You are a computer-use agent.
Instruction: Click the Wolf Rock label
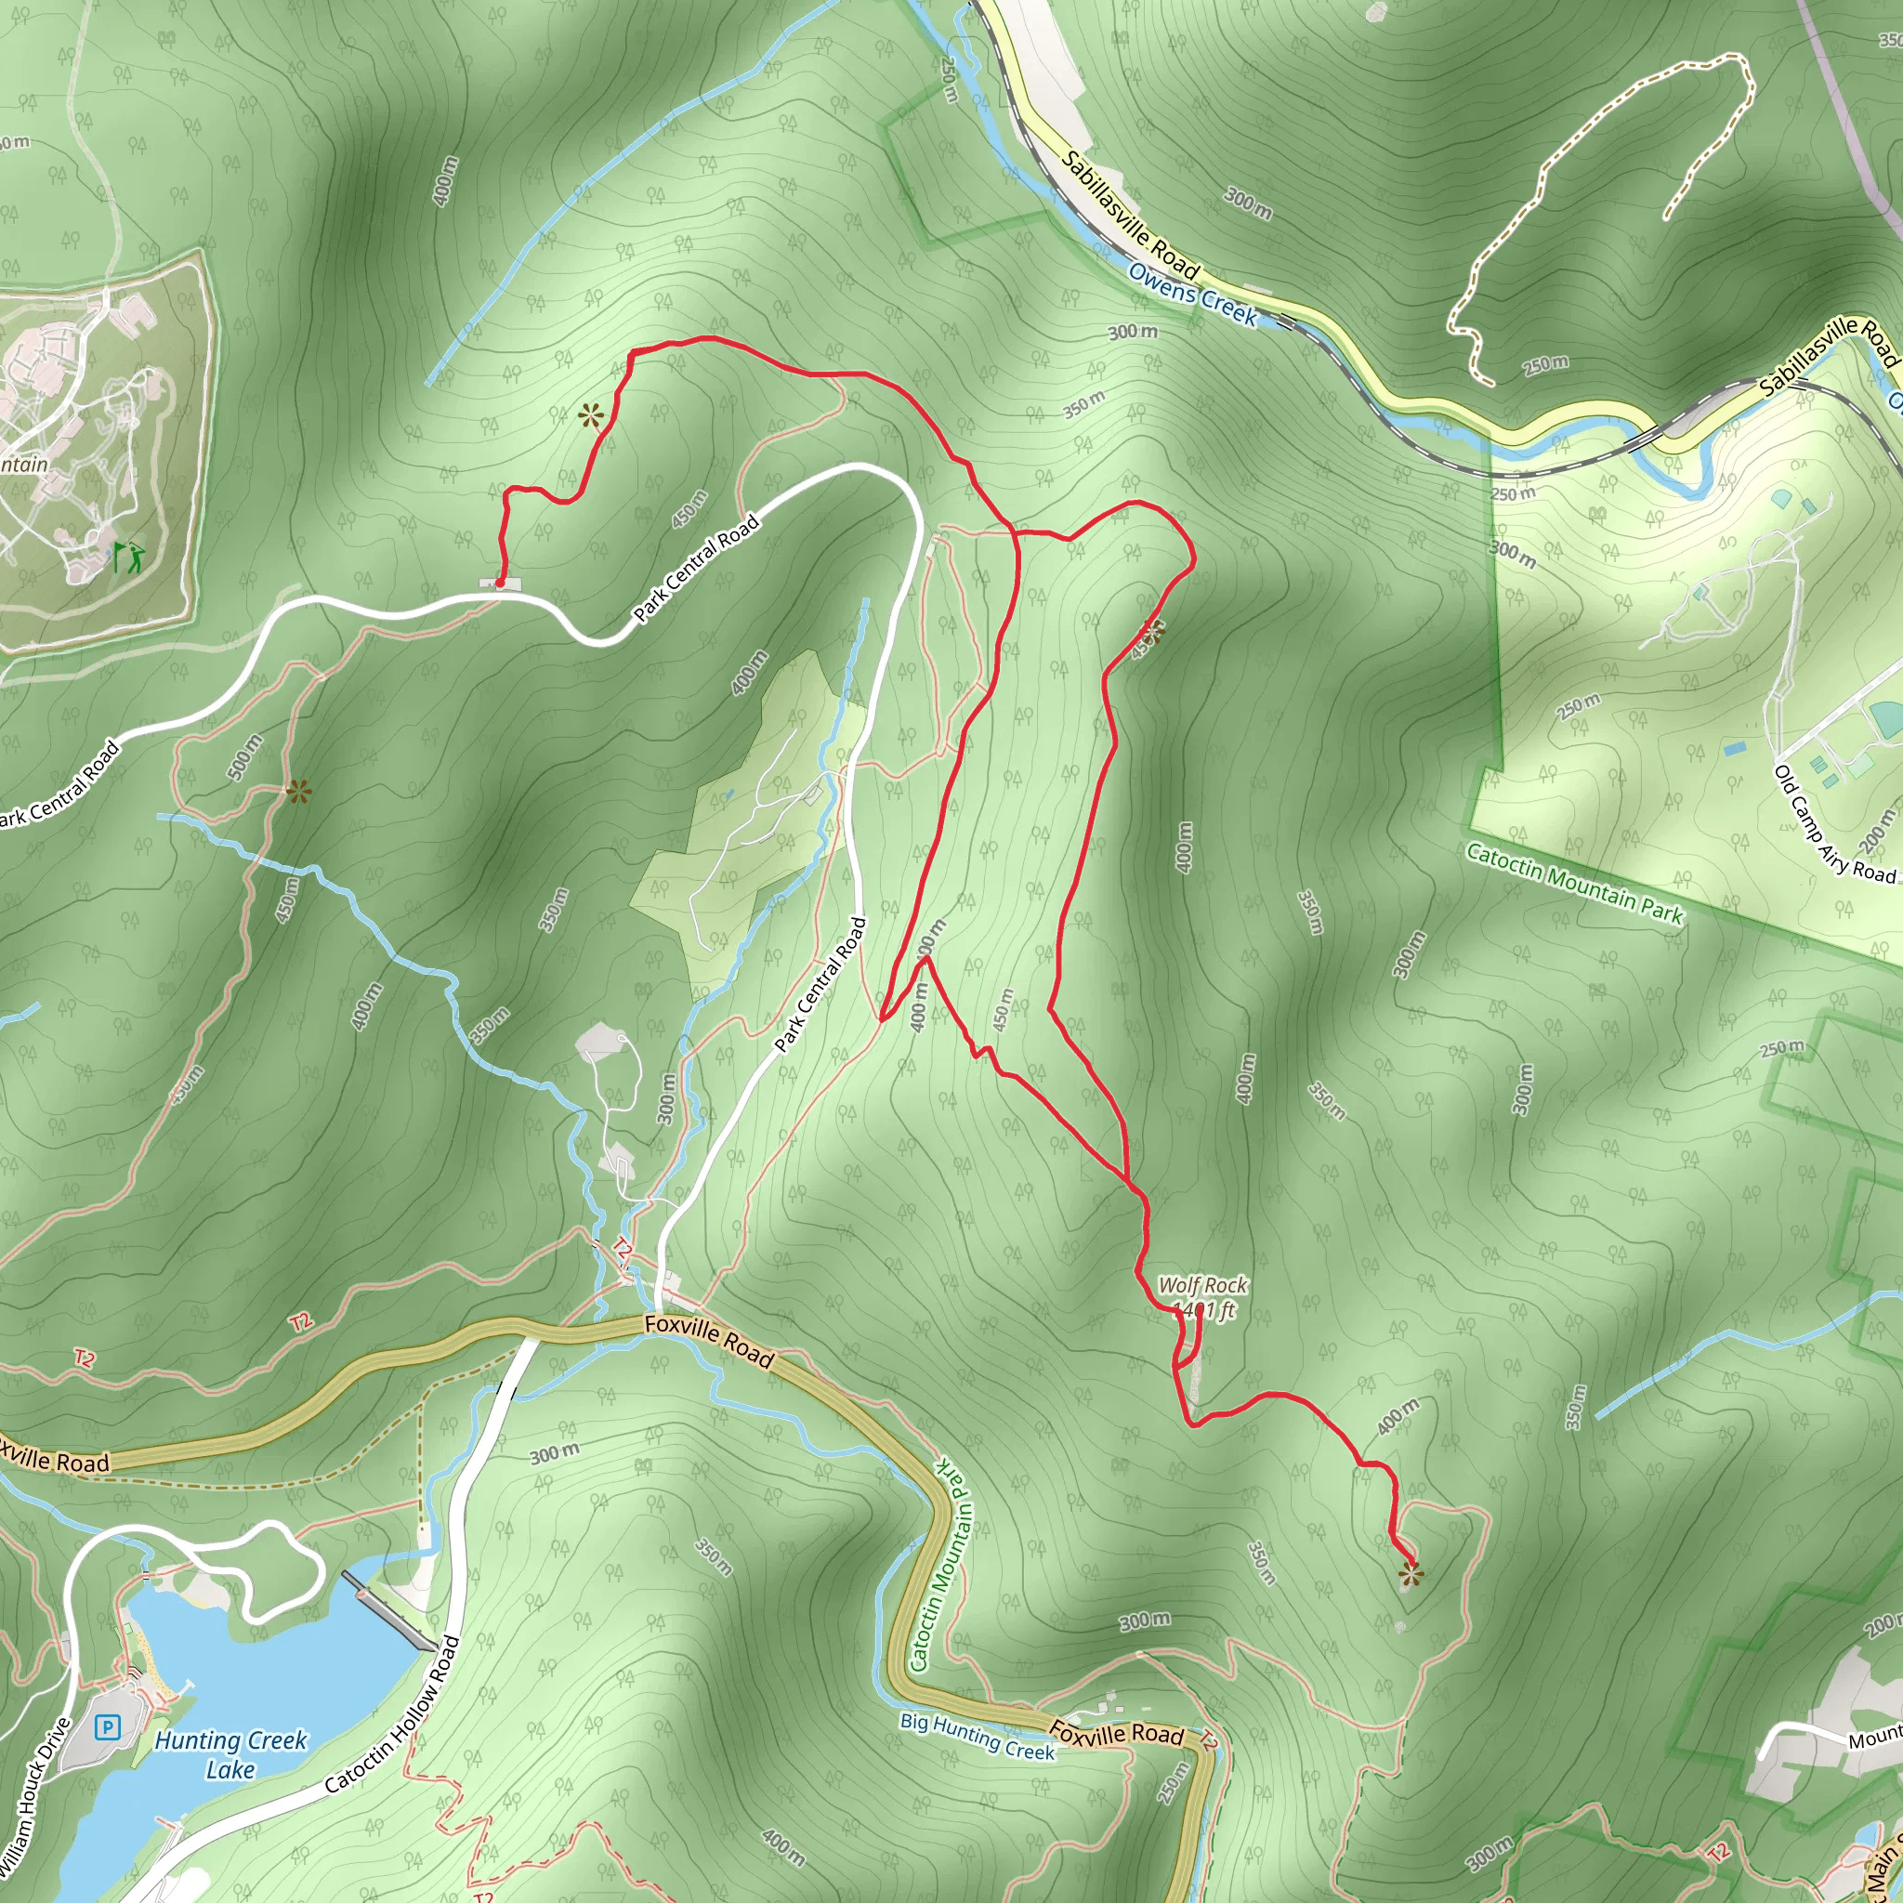point(1201,1285)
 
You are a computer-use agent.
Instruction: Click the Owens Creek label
point(1193,294)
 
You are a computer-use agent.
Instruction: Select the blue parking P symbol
point(108,1727)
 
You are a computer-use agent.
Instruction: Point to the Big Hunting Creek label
point(978,1737)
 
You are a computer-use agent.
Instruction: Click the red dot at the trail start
point(499,584)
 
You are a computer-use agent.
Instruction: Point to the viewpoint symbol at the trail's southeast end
point(1411,1576)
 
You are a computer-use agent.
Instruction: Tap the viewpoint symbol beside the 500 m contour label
point(298,791)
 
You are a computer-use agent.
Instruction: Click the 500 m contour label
point(245,757)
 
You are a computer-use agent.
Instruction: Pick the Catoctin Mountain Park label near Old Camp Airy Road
point(1574,883)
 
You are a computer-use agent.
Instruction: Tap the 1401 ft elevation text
point(1203,1310)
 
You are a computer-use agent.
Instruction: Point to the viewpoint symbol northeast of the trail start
point(590,415)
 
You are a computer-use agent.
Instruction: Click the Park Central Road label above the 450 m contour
point(695,569)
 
